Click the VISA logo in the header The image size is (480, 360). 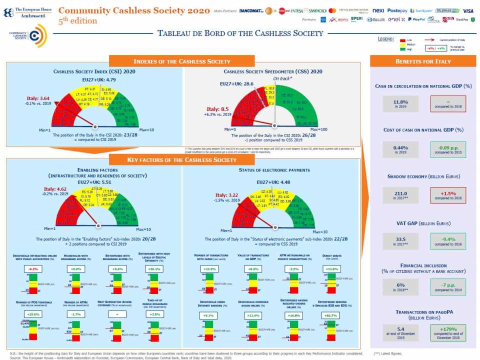pos(467,10)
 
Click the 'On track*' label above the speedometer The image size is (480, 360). pos(282,79)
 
